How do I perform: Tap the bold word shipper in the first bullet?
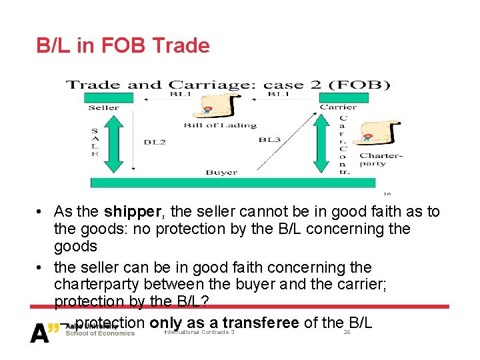pos(133,212)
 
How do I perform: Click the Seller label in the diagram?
pos(103,107)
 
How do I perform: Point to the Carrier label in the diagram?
pos(338,107)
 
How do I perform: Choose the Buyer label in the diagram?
pos(221,173)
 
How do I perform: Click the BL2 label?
pos(155,141)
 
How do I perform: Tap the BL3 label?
pos(269,139)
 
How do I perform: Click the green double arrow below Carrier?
pos(322,143)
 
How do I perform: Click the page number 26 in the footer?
pos(347,332)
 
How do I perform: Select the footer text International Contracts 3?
pos(199,332)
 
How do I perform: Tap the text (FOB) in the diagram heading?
pos(364,85)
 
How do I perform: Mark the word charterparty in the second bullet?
pos(96,285)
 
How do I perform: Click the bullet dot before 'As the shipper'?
pos(41,213)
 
